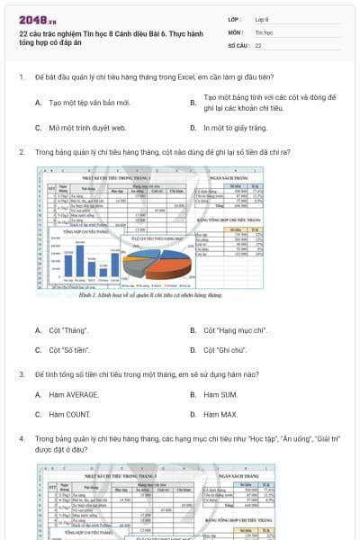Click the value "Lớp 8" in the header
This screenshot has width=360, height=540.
point(263,19)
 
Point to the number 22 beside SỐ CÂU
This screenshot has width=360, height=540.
point(258,44)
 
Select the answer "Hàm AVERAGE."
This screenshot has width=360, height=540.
point(74,394)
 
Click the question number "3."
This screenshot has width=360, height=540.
point(22,373)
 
